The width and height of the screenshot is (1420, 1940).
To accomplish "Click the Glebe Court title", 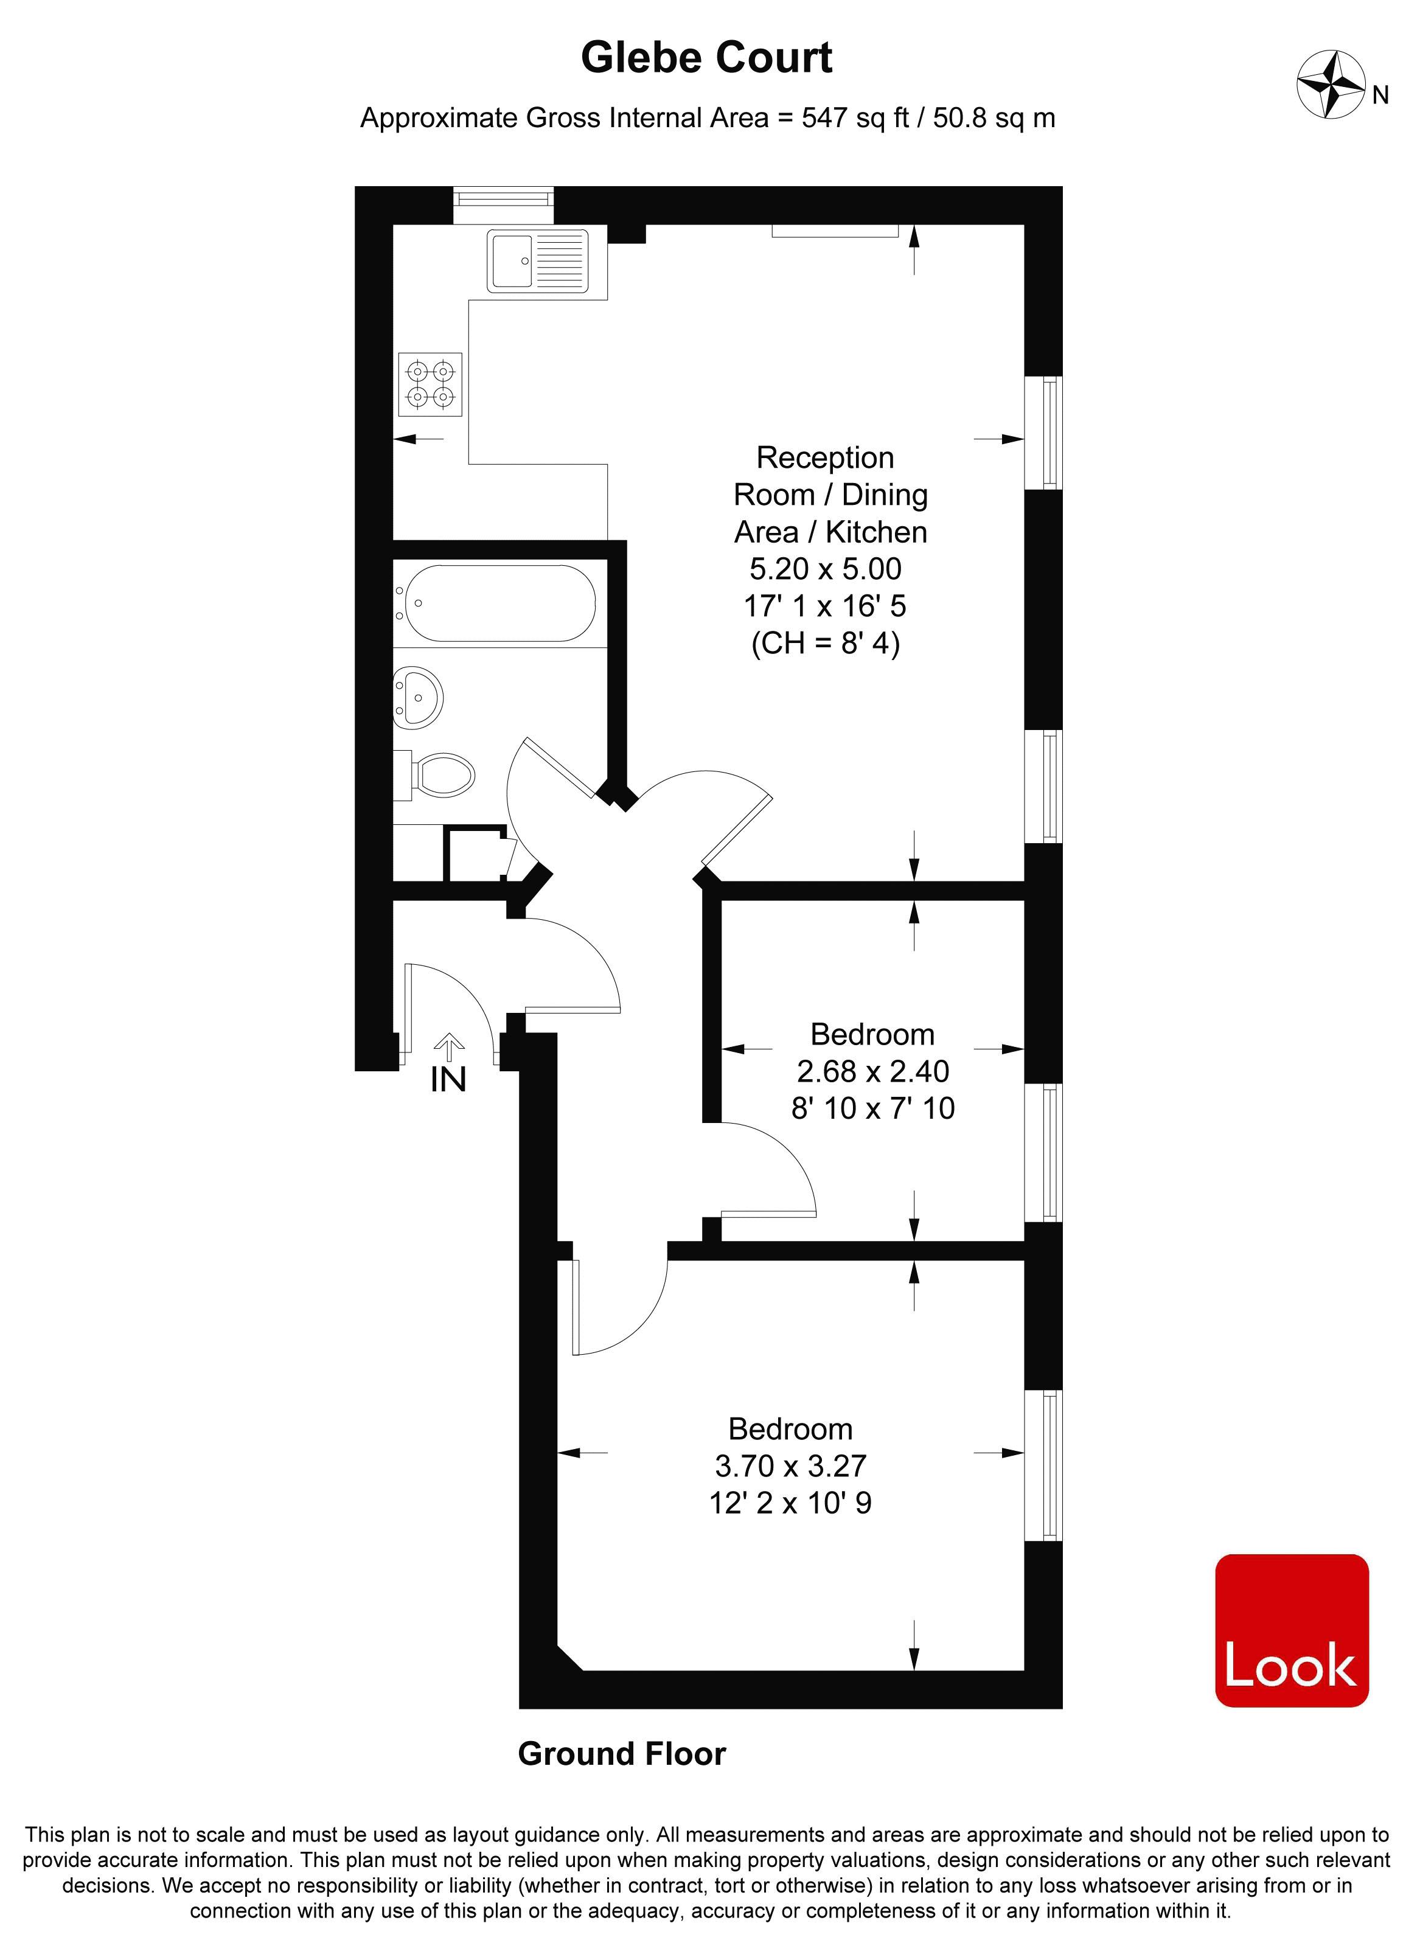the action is [706, 58].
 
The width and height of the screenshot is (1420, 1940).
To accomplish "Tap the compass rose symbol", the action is [1331, 84].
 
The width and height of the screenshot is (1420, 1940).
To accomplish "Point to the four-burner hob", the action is [430, 384].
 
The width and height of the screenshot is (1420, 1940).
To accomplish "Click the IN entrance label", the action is [448, 1080].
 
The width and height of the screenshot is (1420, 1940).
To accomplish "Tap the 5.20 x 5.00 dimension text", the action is [825, 569].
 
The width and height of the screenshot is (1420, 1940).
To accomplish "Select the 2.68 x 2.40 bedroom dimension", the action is [872, 1071].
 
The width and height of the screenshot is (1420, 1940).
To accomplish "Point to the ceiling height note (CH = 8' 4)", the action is [825, 643].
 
